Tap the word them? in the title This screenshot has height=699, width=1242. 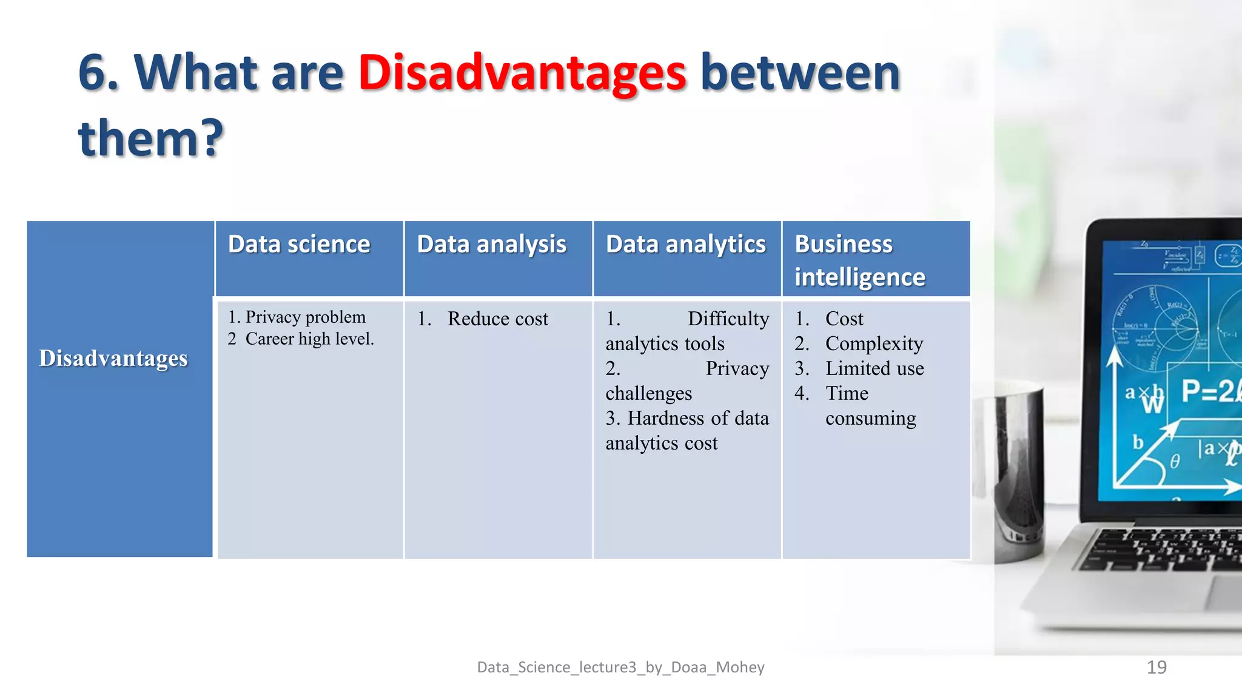pos(151,138)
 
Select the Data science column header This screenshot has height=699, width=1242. pos(299,245)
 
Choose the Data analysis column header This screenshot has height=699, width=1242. pos(491,245)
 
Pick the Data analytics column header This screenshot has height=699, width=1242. pos(685,245)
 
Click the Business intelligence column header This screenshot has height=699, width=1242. pos(859,260)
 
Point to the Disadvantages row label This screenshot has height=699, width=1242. pos(113,358)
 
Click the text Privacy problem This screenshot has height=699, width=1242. pos(305,317)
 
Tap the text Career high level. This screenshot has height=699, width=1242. pos(309,339)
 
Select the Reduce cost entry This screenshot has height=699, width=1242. pos(497,319)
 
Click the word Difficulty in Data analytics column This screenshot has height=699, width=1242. pos(728,319)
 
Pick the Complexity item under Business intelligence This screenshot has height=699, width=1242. pos(874,344)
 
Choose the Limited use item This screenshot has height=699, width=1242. pos(874,369)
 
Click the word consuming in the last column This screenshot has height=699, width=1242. pos(870,419)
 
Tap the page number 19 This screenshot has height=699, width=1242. pos(1156,667)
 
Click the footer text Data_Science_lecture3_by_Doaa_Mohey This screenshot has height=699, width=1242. pos(620,667)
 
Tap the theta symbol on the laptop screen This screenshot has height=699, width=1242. pos(1175,462)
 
